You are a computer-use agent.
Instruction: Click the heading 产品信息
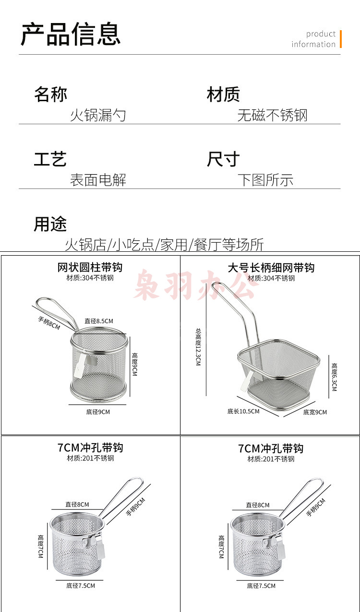(71, 34)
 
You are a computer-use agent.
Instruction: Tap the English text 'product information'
(313, 39)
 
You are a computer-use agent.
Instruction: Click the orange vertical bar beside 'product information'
(341, 39)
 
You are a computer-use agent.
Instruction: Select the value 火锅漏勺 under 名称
(98, 115)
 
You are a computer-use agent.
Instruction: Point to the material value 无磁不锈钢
(272, 115)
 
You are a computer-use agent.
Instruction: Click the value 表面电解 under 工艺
(98, 180)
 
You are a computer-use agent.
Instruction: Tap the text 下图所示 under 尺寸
(265, 180)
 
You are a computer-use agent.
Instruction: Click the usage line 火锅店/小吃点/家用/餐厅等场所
(164, 244)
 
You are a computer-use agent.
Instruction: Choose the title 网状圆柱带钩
(90, 267)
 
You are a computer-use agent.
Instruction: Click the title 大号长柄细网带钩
(271, 268)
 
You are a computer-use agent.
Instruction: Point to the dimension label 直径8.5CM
(99, 321)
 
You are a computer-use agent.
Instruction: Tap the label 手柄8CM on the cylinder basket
(49, 323)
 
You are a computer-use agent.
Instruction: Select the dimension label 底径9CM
(98, 412)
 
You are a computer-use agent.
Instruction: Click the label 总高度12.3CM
(198, 347)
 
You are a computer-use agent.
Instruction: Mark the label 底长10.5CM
(243, 411)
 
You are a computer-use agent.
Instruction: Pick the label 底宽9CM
(315, 412)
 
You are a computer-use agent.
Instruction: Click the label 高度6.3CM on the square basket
(334, 377)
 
